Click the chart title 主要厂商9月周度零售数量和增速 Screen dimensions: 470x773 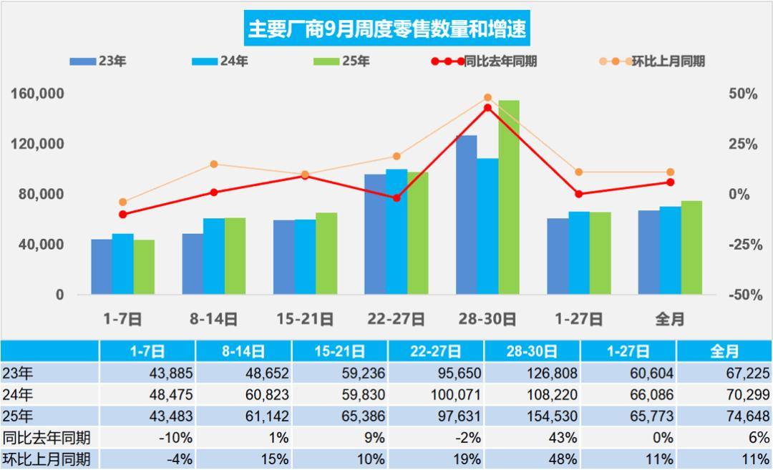click(386, 29)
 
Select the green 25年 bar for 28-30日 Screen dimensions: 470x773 click(509, 197)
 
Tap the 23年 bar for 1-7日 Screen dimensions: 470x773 click(102, 267)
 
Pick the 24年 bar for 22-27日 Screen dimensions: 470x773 click(397, 232)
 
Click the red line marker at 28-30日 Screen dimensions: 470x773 click(487, 108)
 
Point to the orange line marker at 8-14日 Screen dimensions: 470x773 click(214, 165)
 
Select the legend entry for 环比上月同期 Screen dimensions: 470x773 click(652, 62)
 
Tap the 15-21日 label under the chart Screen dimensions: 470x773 click(305, 319)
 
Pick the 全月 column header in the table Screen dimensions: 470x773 click(724, 351)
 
